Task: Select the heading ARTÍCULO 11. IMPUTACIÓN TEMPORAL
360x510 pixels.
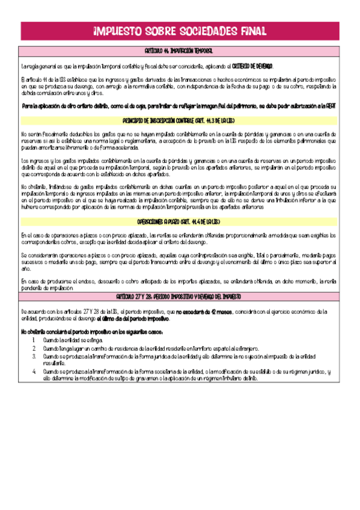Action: [x=179, y=52]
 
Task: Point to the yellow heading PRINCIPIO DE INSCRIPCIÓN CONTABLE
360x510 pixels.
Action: [x=179, y=120]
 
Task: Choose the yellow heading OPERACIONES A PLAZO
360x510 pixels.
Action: [x=179, y=222]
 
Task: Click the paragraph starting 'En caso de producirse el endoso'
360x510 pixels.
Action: [x=179, y=284]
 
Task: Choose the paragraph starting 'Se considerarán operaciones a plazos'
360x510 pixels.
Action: [x=179, y=262]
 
